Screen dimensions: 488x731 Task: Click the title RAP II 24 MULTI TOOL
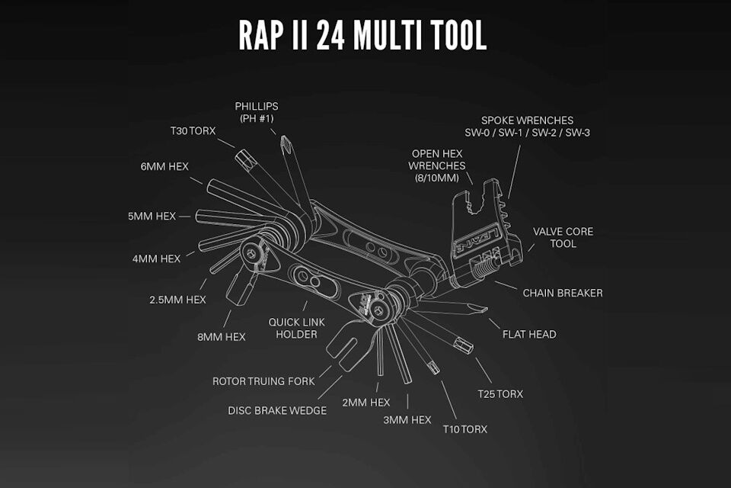click(362, 36)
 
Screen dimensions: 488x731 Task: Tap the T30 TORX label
click(192, 131)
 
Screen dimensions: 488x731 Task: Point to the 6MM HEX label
click(164, 166)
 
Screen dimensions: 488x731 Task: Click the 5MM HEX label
click(152, 216)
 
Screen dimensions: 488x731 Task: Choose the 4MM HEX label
click(156, 258)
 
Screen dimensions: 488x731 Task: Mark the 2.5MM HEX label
click(177, 300)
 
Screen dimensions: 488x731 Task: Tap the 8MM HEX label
click(221, 336)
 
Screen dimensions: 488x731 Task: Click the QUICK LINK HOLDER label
click(296, 328)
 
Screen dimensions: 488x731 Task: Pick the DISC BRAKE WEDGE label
click(277, 410)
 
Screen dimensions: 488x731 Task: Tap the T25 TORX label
click(500, 393)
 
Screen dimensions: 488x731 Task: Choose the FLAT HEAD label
click(529, 334)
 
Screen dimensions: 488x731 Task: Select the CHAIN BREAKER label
click(563, 293)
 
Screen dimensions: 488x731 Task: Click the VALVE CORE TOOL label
click(563, 237)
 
